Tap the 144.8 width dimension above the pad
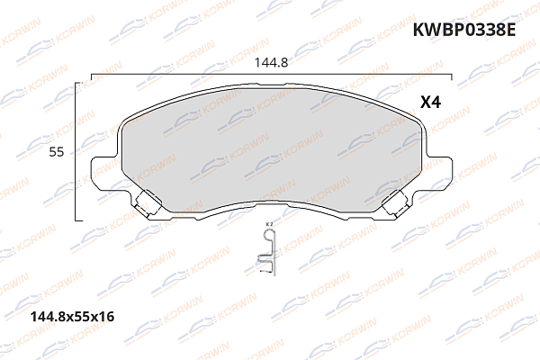pos(270,64)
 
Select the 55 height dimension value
pos(56,153)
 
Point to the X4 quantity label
pos(430,103)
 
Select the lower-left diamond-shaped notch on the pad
pos(148,202)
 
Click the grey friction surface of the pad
pos(270,153)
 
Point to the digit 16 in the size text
pos(108,317)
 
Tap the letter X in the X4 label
pos(425,103)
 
